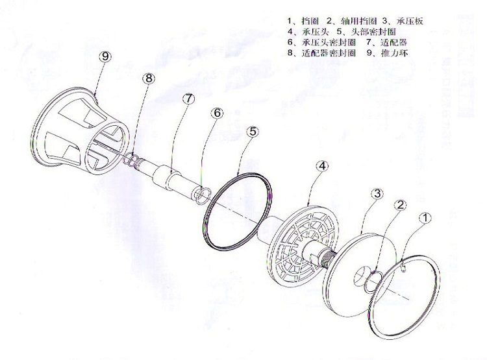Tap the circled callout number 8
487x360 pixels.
(149, 78)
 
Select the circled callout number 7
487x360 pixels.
(188, 99)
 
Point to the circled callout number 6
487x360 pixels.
(217, 113)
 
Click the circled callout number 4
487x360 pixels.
(323, 166)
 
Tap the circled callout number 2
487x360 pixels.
(401, 205)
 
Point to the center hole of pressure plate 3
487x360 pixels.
(359, 280)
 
